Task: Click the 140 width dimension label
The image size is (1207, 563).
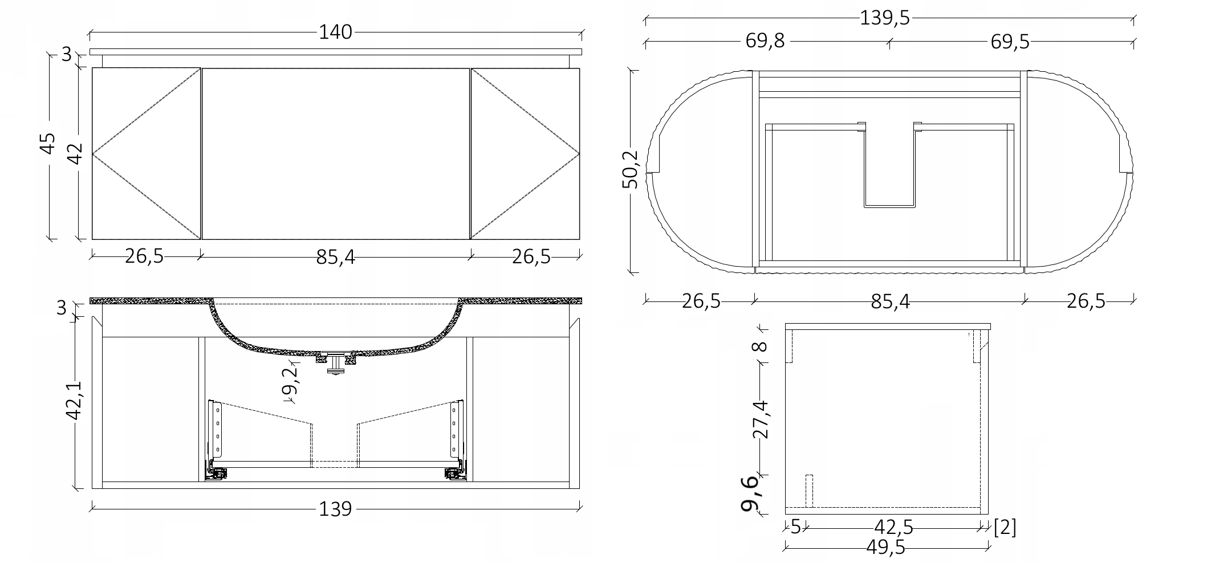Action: [x=335, y=32]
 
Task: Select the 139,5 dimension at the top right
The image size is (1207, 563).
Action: [x=885, y=18]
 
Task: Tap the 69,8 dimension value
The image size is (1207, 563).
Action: [x=765, y=42]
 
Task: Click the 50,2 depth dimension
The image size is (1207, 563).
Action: [x=631, y=169]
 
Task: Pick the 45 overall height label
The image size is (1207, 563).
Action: [x=48, y=144]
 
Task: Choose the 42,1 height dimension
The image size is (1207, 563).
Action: [x=75, y=401]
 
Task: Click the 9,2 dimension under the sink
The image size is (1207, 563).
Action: [x=290, y=380]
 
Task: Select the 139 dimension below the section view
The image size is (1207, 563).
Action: [x=335, y=508]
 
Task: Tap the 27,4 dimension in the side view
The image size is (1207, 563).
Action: [x=761, y=419]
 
